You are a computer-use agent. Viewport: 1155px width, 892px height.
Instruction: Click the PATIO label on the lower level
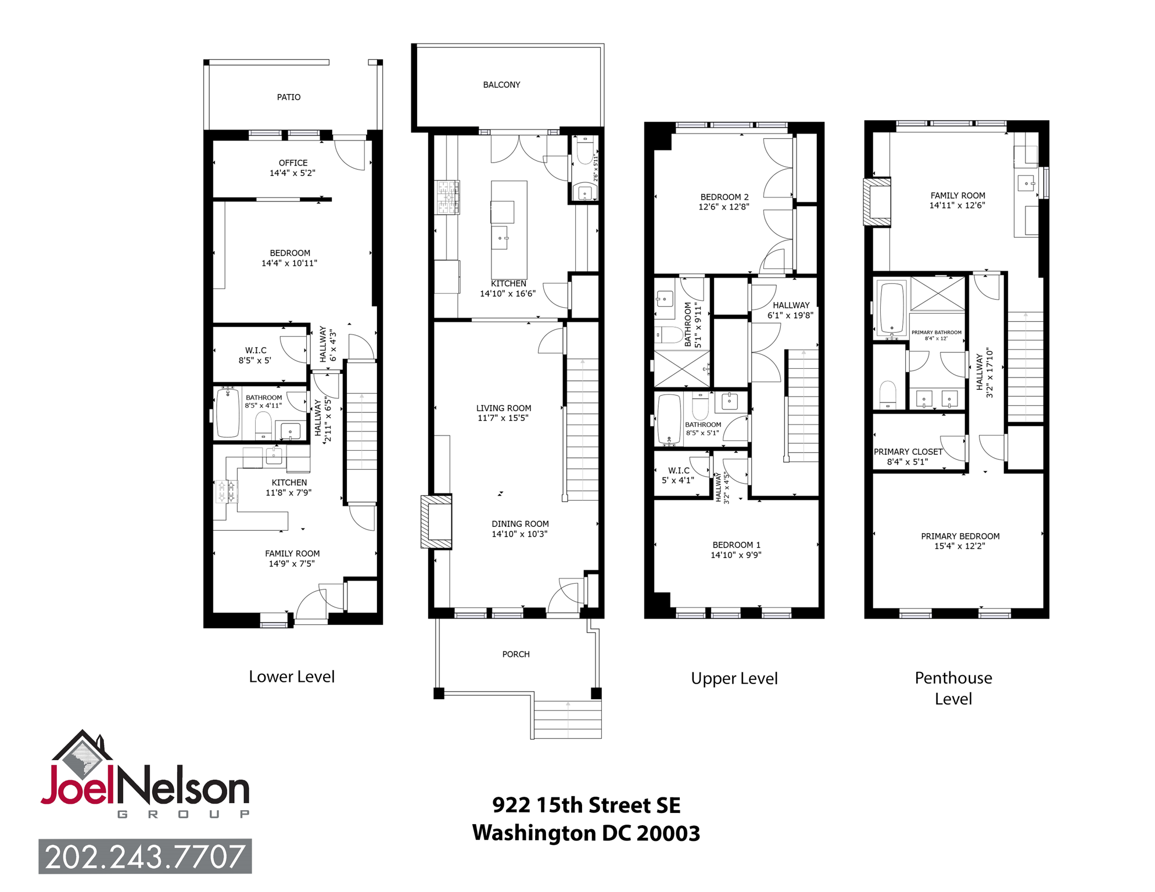pyautogui.click(x=289, y=97)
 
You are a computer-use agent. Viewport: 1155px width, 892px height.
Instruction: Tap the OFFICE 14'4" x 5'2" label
pyautogui.click(x=293, y=168)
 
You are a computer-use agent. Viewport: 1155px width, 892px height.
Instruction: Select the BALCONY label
pyautogui.click(x=501, y=85)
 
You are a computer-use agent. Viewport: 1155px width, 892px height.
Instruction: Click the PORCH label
pyautogui.click(x=516, y=654)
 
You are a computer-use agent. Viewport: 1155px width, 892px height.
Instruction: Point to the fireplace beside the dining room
pyautogui.click(x=436, y=521)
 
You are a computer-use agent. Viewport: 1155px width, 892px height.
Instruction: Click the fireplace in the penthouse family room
pyautogui.click(x=877, y=202)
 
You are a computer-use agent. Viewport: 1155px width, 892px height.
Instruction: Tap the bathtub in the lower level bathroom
pyautogui.click(x=228, y=413)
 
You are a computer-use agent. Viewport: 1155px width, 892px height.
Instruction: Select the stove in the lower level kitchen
pyautogui.click(x=227, y=491)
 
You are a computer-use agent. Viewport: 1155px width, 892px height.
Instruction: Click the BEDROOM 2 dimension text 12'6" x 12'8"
pyautogui.click(x=724, y=207)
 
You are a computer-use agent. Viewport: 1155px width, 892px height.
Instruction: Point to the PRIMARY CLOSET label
pyautogui.click(x=907, y=452)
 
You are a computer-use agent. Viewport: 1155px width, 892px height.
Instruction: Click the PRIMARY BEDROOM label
pyautogui.click(x=960, y=537)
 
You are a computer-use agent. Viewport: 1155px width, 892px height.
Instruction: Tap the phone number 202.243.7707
pyautogui.click(x=145, y=857)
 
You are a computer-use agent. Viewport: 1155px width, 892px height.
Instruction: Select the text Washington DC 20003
pyautogui.click(x=586, y=833)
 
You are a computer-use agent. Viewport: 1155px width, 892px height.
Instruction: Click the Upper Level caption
pyautogui.click(x=734, y=678)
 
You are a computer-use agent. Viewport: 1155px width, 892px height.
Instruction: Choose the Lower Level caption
pyautogui.click(x=292, y=677)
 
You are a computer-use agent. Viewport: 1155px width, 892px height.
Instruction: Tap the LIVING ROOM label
pyautogui.click(x=504, y=408)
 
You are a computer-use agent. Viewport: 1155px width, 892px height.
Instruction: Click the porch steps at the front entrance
pyautogui.click(x=567, y=720)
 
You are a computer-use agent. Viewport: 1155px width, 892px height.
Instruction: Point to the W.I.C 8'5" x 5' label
pyautogui.click(x=256, y=355)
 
